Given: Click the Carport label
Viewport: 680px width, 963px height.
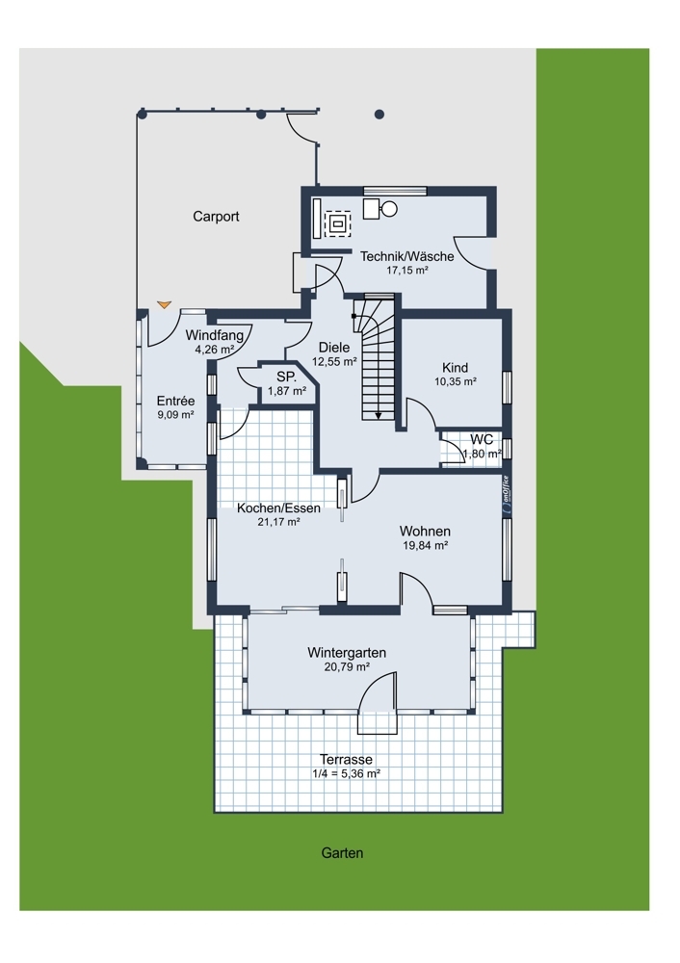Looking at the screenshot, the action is point(216,216).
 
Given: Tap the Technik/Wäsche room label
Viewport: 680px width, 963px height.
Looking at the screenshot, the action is point(407,256).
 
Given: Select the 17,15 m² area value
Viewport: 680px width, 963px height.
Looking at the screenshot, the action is point(407,270).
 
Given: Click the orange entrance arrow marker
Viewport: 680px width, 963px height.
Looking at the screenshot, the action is point(164,304).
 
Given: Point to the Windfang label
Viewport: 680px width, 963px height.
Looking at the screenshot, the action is point(215,336).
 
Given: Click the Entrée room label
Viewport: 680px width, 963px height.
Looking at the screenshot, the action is point(175,401).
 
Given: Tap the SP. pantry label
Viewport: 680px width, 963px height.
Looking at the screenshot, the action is point(287,377).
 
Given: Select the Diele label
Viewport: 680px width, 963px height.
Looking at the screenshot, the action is point(334,348).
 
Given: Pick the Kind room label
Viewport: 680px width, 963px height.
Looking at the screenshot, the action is point(456,368).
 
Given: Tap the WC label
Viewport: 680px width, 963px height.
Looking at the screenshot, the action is point(482,440).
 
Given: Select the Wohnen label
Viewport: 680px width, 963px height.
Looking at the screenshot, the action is point(425,532).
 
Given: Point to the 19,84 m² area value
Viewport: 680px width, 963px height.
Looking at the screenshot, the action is point(425,545).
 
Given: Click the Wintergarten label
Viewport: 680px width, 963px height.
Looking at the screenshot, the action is point(347,652).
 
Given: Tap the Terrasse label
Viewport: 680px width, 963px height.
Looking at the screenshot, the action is point(346,760).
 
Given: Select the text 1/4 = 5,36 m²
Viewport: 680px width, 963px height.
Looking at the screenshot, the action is point(346,774).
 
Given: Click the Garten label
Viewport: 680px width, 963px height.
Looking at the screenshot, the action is point(342,853).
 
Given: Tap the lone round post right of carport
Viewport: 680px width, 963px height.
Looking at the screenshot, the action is point(379,115).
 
